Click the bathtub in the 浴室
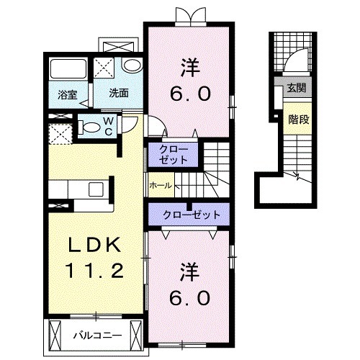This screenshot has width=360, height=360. click(x=68, y=68)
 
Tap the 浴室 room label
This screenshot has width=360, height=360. click(x=67, y=95)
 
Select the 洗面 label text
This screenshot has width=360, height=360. click(x=119, y=93)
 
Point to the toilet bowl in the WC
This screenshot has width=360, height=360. click(x=89, y=127)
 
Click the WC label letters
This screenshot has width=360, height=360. click(x=109, y=127)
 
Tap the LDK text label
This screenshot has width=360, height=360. click(x=94, y=245)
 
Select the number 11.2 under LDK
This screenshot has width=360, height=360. click(x=95, y=270)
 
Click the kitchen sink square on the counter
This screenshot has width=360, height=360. click(x=96, y=189)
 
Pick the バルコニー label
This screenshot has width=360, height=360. click(x=97, y=336)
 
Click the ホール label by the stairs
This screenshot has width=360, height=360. click(x=161, y=185)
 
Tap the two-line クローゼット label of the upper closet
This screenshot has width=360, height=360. click(x=174, y=155)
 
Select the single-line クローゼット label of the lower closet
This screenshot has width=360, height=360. click(x=192, y=215)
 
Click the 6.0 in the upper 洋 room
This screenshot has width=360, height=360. click(x=191, y=94)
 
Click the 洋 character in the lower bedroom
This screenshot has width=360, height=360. click(x=190, y=272)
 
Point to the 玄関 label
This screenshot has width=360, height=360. click(x=297, y=88)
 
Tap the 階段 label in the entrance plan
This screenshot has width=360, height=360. click(x=298, y=120)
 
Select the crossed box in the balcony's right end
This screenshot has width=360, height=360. click(x=136, y=336)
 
